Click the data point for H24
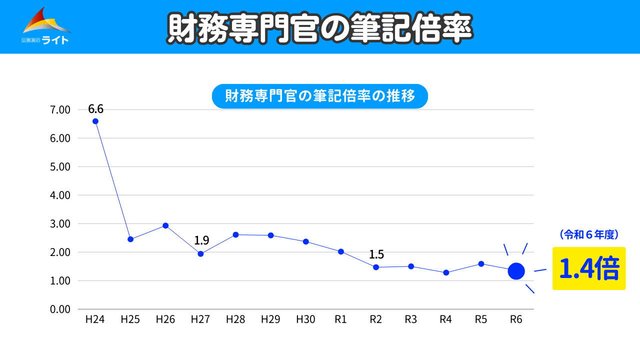pyautogui.click(x=95, y=121)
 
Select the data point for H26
pyautogui.click(x=165, y=225)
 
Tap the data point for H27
pyautogui.click(x=200, y=253)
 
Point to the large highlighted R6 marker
pyautogui.click(x=516, y=271)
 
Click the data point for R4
pyautogui.click(x=446, y=272)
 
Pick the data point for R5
pyautogui.click(x=481, y=263)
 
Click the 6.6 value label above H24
pyautogui.click(x=95, y=109)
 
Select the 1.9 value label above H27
pyautogui.click(x=201, y=240)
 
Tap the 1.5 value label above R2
pyautogui.click(x=376, y=254)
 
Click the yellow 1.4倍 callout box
pyautogui.click(x=588, y=268)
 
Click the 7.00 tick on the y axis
pyautogui.click(x=61, y=109)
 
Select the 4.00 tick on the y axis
pyautogui.click(x=61, y=195)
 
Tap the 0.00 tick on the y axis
pyautogui.click(x=61, y=309)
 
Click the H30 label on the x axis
pyautogui.click(x=305, y=319)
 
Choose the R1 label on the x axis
pyautogui.click(x=340, y=319)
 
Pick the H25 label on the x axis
pyautogui.click(x=130, y=319)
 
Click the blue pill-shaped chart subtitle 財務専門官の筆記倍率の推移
pyautogui.click(x=320, y=96)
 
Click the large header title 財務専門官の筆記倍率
pyautogui.click(x=320, y=27)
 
